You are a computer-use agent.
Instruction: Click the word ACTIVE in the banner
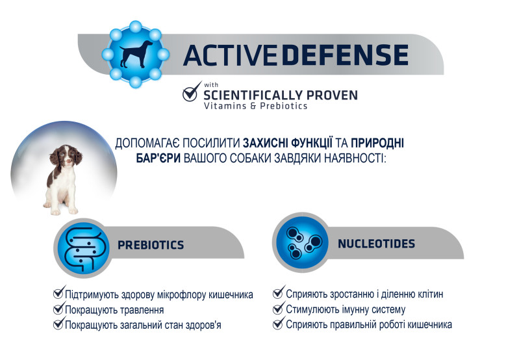coord(230,55)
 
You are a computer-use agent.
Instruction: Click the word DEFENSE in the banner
coord(345,55)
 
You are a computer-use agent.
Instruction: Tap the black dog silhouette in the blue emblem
coord(136,54)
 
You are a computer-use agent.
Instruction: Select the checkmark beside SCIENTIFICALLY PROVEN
coord(192,92)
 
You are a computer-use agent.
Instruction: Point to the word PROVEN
coord(332,96)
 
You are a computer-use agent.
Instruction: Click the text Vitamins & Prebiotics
coord(255,106)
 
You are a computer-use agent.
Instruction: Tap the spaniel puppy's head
coord(66,157)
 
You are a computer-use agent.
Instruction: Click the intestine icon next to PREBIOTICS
coord(83,248)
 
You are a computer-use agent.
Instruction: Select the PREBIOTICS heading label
coord(151,245)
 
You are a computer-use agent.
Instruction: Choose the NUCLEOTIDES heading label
coord(376,244)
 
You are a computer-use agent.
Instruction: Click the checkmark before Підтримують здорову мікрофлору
coord(59,292)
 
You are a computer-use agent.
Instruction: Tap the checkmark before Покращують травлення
coord(59,307)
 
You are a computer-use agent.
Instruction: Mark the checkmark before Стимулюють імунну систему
coord(279,307)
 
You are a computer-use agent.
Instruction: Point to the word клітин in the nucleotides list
coord(430,294)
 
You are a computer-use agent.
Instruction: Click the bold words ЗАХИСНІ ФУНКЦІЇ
coord(288,143)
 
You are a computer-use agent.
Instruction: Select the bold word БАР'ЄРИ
coord(158,159)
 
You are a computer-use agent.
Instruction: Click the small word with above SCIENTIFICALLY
coord(211,85)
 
